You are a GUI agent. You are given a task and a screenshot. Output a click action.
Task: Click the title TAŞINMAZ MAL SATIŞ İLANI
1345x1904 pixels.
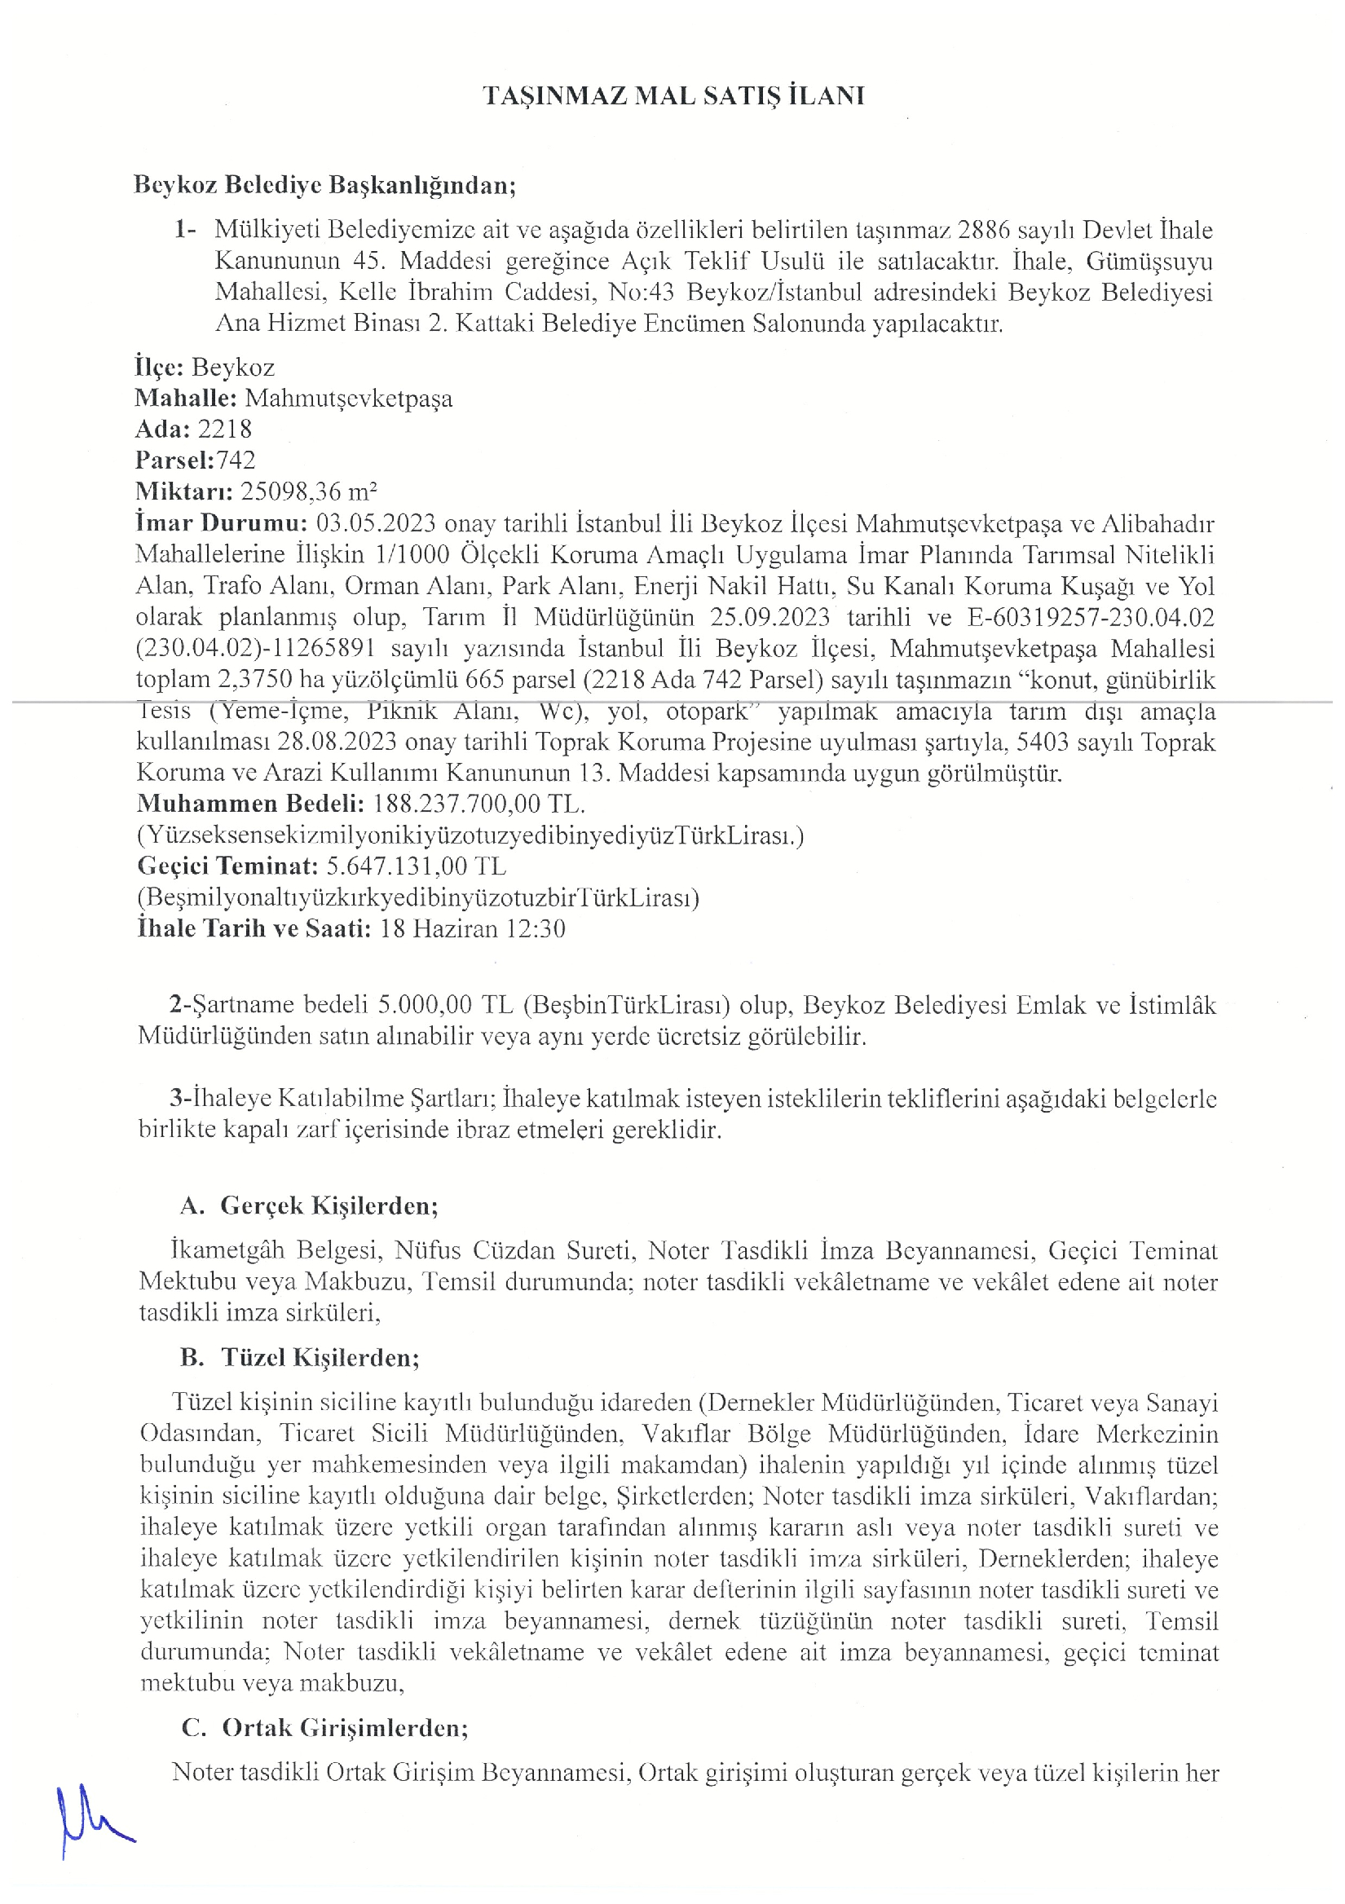click(672, 96)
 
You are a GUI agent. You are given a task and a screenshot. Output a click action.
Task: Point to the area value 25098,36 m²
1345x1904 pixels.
click(308, 491)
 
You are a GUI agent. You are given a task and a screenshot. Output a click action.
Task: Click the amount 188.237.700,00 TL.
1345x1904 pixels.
click(478, 804)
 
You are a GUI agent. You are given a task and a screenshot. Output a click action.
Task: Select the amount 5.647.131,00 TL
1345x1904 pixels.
click(416, 866)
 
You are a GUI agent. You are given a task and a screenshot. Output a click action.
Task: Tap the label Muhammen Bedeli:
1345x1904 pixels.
click(250, 804)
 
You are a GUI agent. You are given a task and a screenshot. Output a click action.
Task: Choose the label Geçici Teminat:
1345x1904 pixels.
click(227, 866)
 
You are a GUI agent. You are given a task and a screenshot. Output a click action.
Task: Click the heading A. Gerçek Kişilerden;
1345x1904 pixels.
click(309, 1205)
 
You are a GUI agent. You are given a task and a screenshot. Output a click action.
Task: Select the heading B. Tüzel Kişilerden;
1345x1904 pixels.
click(300, 1358)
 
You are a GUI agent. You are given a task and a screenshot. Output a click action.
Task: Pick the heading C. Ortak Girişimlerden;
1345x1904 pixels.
click(325, 1727)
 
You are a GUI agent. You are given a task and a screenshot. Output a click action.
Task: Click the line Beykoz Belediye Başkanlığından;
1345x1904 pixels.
click(324, 185)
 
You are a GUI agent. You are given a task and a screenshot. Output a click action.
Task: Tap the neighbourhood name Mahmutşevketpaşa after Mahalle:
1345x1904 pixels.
click(348, 399)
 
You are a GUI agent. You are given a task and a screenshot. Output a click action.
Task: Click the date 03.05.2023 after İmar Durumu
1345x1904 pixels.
click(376, 524)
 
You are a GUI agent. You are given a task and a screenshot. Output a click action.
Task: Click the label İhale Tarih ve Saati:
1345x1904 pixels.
click(254, 929)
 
